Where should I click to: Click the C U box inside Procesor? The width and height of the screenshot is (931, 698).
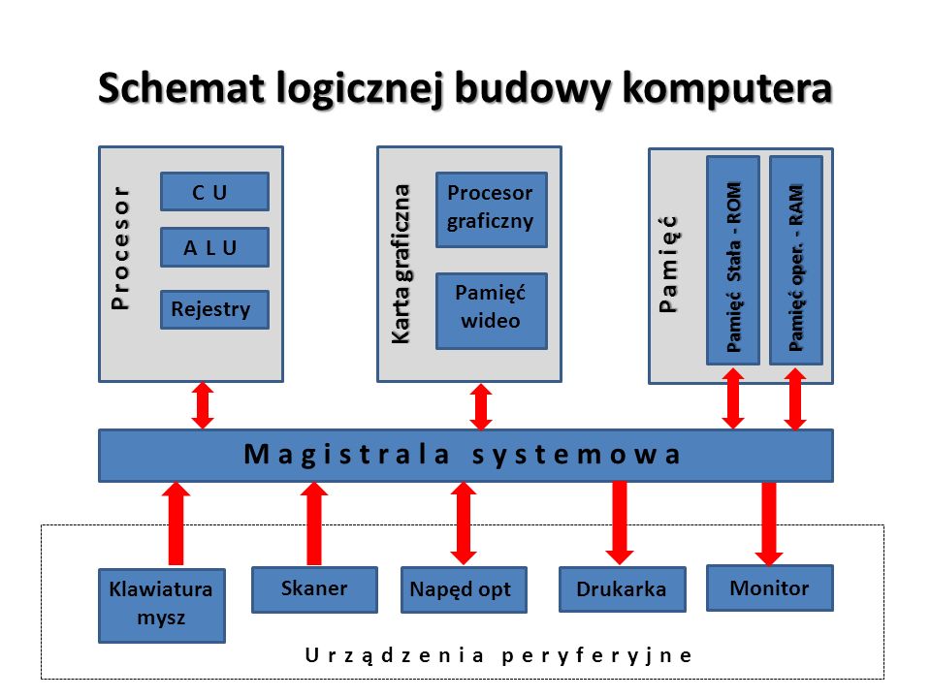pyautogui.click(x=213, y=192)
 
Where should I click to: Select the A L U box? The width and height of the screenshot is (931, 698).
pyautogui.click(x=213, y=248)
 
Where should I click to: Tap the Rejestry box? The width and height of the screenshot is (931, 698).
pyautogui.click(x=213, y=309)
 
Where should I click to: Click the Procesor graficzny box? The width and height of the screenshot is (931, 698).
pyautogui.click(x=491, y=207)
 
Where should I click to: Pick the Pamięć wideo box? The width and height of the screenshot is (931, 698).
pyautogui.click(x=491, y=310)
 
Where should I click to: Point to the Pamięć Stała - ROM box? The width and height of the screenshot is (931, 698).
pyautogui.click(x=732, y=260)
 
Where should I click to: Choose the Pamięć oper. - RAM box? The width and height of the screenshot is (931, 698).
pyautogui.click(x=795, y=260)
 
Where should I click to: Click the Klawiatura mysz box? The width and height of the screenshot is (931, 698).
pyautogui.click(x=161, y=605)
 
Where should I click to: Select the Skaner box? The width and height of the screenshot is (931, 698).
pyautogui.click(x=314, y=589)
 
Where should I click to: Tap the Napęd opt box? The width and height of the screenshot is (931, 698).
pyautogui.click(x=463, y=589)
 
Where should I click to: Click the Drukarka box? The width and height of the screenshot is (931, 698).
pyautogui.click(x=622, y=589)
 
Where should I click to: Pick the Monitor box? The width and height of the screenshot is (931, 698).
pyautogui.click(x=769, y=587)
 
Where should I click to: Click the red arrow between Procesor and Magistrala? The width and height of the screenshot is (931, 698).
pyautogui.click(x=203, y=405)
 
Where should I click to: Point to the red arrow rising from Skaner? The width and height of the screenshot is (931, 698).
pyautogui.click(x=314, y=523)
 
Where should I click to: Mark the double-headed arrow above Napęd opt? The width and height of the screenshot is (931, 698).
pyautogui.click(x=463, y=523)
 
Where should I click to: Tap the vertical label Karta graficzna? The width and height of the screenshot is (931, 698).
pyautogui.click(x=400, y=262)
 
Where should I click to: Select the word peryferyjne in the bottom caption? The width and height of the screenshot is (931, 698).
pyautogui.click(x=598, y=654)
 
